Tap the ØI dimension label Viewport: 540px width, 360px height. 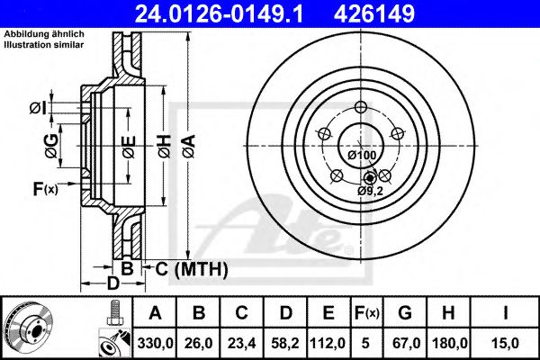point(37,108)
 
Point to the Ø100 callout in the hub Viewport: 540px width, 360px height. point(361,156)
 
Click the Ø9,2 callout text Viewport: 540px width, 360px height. point(369,191)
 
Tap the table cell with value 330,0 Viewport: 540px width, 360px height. point(155,341)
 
